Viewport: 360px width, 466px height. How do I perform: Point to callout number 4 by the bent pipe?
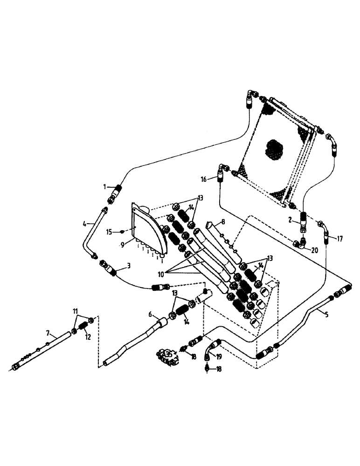(85, 224)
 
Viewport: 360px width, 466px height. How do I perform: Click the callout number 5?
(326, 314)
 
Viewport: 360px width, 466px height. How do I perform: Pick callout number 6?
(150, 314)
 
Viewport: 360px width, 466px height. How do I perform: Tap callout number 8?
(223, 222)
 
